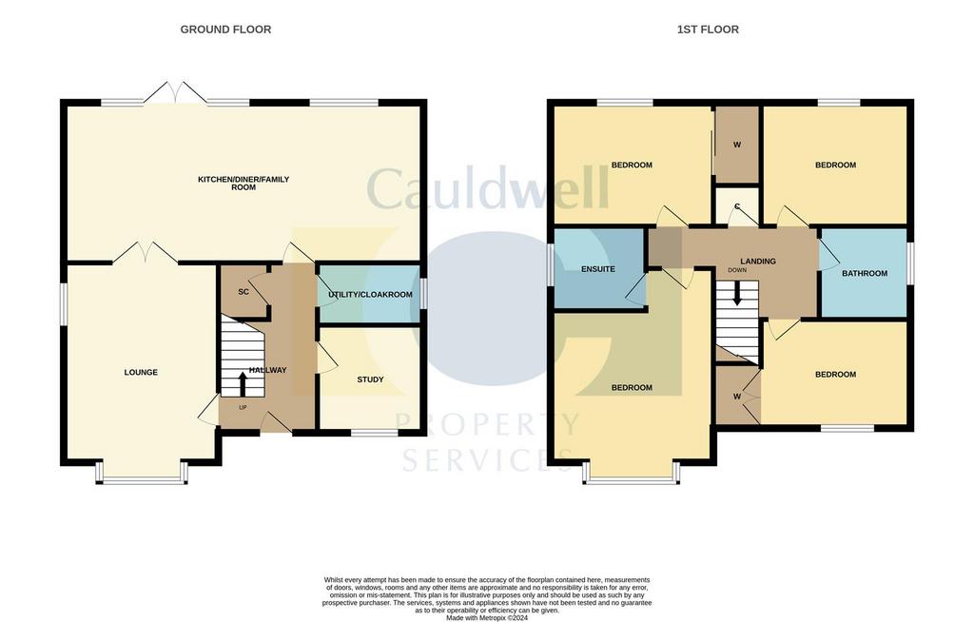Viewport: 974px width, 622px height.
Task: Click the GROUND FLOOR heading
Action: (x=225, y=29)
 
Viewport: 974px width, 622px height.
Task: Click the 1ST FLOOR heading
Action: (x=708, y=29)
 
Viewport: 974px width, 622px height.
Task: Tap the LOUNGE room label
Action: (x=141, y=372)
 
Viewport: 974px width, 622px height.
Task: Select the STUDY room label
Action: (x=370, y=379)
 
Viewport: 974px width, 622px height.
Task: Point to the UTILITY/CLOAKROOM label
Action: (x=370, y=295)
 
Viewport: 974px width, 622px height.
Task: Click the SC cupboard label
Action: (x=243, y=291)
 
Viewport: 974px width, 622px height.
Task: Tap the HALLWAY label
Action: (x=267, y=370)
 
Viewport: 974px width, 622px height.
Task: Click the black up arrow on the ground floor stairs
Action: (x=242, y=383)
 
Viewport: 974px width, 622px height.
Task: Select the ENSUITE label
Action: (x=597, y=269)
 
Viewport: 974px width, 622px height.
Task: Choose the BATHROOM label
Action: (x=864, y=273)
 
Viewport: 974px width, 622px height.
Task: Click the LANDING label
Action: (x=758, y=262)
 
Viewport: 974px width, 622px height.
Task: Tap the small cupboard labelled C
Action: (x=736, y=206)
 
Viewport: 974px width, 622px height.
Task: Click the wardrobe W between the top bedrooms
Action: (x=736, y=146)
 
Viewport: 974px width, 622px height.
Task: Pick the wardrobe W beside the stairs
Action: (x=736, y=396)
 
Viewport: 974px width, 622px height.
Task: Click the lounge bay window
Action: (x=141, y=477)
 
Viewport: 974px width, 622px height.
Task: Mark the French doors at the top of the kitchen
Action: (x=175, y=93)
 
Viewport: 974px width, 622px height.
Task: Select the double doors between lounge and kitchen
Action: (x=146, y=253)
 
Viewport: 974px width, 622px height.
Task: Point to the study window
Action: (x=373, y=433)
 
